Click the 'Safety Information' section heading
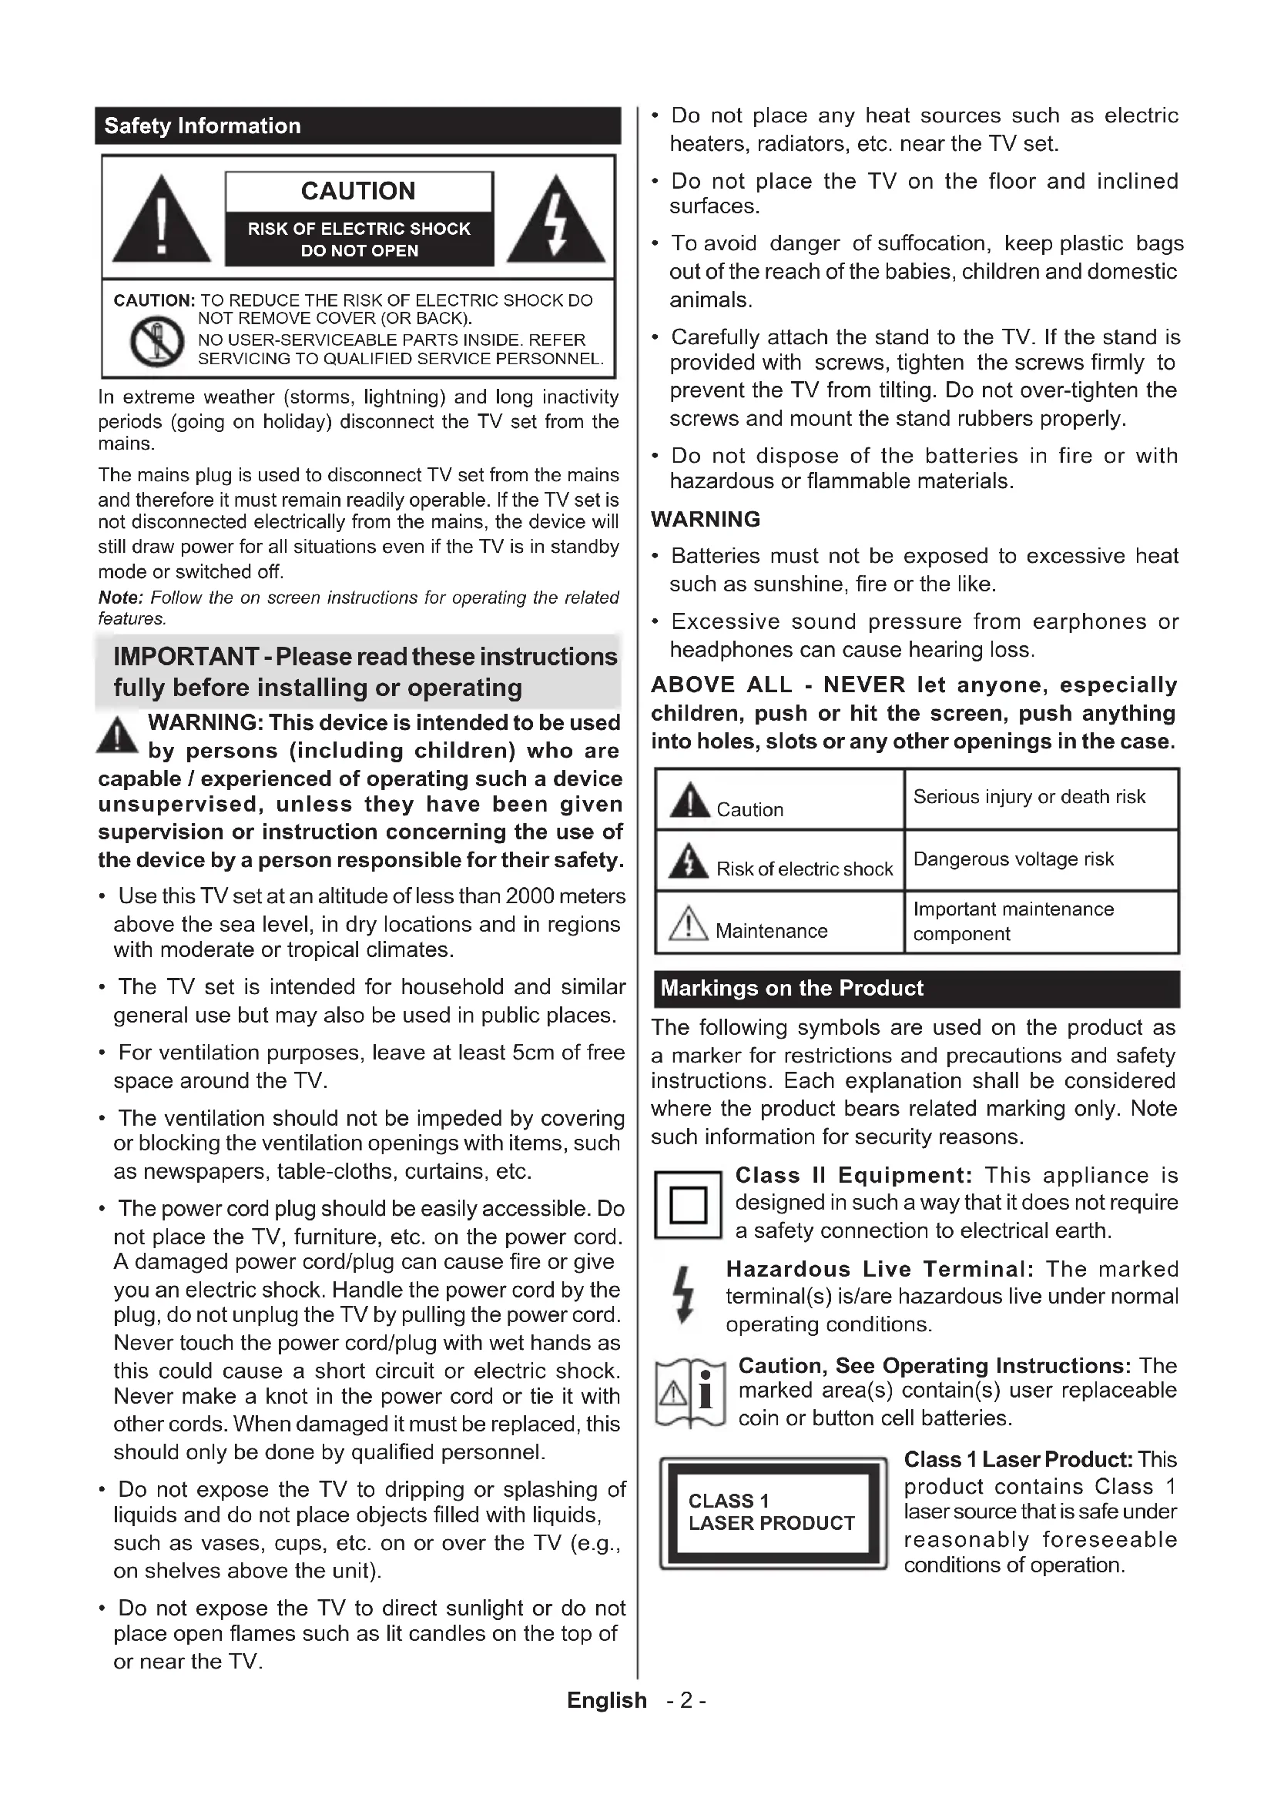point(203,126)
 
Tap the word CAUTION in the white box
point(358,192)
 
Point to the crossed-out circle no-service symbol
point(157,341)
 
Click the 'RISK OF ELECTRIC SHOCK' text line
point(359,229)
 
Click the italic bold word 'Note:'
point(120,598)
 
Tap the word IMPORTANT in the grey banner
point(186,657)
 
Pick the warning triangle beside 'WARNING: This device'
point(118,736)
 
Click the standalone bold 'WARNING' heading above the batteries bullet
point(706,519)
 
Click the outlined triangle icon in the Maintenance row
point(688,923)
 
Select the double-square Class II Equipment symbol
point(688,1205)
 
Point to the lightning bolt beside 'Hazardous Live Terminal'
point(685,1295)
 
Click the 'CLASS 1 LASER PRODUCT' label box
point(773,1512)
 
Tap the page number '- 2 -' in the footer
point(686,1700)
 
